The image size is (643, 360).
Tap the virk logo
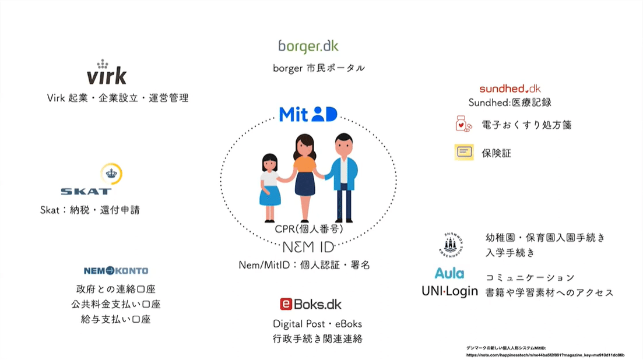coord(106,73)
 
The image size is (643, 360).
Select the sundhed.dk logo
coord(510,89)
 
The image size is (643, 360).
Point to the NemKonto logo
coord(116,271)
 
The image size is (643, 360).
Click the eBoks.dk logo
coord(310,304)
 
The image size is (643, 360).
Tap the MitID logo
coord(308,114)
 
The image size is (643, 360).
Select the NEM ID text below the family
coord(309,246)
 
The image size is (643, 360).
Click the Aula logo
coord(449,273)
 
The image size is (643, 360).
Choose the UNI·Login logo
coord(449,291)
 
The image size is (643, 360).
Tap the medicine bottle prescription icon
coord(464,125)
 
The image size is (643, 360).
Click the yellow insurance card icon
coord(464,152)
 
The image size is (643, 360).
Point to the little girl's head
coord(269,161)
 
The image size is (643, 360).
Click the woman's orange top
coord(305,165)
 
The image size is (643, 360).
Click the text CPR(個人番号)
coord(309,229)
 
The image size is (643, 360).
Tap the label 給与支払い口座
coord(116,320)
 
